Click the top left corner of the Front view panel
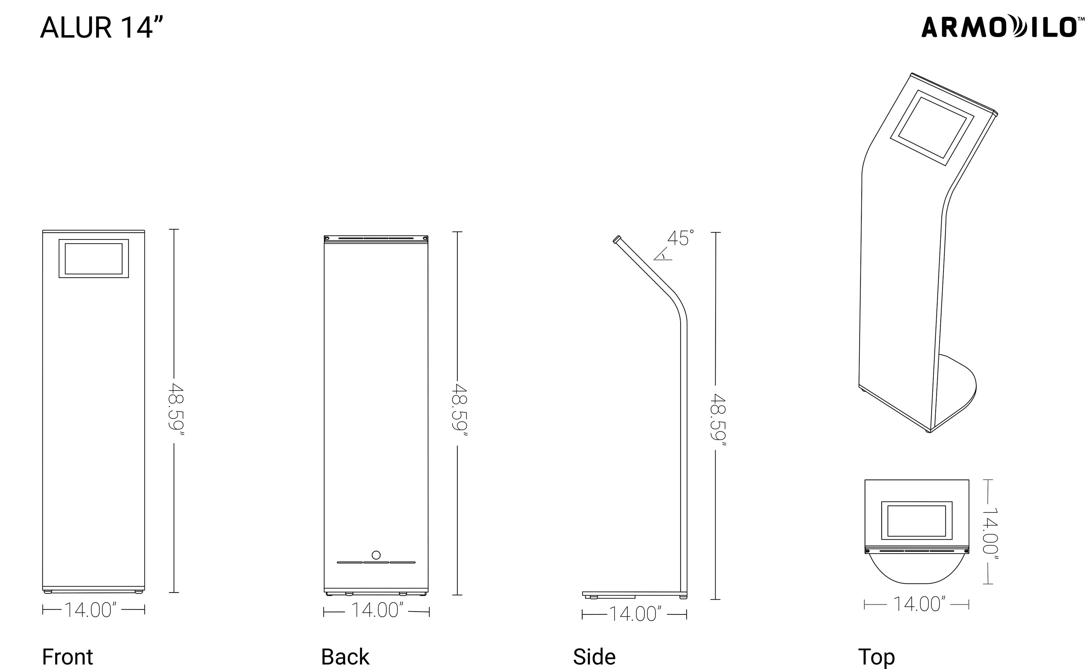[42, 231]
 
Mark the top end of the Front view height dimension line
[174, 229]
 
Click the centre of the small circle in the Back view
[376, 555]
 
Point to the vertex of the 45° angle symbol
[654, 260]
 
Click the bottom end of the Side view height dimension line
[715, 599]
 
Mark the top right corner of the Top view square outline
[969, 480]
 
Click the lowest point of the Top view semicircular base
[917, 584]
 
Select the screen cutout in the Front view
[94, 259]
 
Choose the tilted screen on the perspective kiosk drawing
[932, 128]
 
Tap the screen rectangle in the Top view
[917, 520]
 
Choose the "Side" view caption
[594, 657]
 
